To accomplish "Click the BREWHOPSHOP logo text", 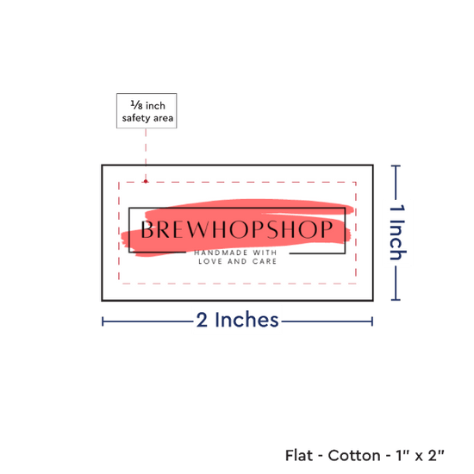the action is click(x=237, y=229).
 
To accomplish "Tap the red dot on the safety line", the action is click(x=146, y=181).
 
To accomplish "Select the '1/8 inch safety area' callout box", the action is click(x=147, y=110).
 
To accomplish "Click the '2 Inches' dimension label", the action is click(x=237, y=320).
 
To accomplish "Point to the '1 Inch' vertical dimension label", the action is click(x=397, y=232).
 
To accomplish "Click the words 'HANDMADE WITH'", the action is click(x=235, y=253).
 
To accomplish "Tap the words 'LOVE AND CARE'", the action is click(x=237, y=261).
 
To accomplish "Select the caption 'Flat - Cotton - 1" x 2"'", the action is click(x=365, y=455).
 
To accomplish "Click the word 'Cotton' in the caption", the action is click(x=354, y=455).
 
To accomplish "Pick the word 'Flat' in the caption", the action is click(x=299, y=455).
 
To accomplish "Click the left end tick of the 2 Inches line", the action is click(x=103, y=321).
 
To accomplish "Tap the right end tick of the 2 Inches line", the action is click(x=372, y=321).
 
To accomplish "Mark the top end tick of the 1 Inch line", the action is click(x=396, y=166).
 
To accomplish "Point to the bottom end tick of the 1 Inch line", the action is click(x=396, y=300).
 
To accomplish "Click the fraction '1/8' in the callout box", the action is click(x=136, y=105).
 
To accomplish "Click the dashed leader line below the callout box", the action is click(x=146, y=153).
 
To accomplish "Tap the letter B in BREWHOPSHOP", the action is click(x=147, y=229).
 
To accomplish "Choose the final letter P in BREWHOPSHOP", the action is click(x=327, y=229).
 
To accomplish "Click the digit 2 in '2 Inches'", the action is click(x=202, y=320).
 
